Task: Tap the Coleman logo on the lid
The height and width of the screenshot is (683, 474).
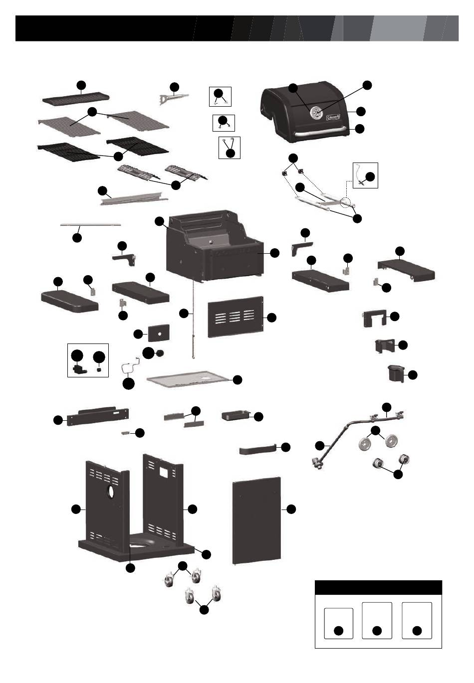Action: click(x=332, y=117)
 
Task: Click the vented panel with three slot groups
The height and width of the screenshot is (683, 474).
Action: click(x=235, y=317)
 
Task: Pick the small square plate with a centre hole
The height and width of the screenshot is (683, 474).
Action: click(x=158, y=332)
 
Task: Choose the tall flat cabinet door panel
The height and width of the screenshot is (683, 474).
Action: click(x=256, y=518)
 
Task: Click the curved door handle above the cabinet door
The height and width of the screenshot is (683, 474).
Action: click(x=257, y=450)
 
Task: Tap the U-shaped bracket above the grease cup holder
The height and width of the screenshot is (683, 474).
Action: click(x=373, y=318)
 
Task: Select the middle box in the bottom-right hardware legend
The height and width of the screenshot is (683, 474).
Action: click(x=377, y=620)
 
